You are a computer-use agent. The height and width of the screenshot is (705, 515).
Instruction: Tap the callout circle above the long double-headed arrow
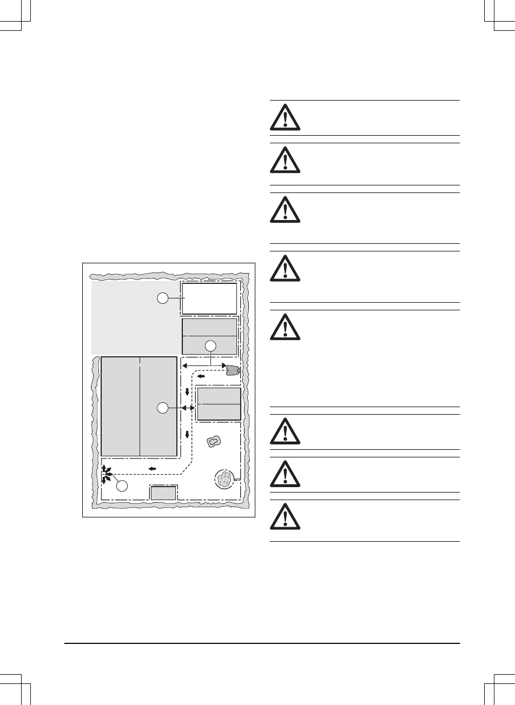click(x=211, y=346)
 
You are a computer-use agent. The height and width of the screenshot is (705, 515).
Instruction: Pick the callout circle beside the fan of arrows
click(x=123, y=485)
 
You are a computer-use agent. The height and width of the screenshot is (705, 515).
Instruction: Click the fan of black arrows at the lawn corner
click(x=107, y=474)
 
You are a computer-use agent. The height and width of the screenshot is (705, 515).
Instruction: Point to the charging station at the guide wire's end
click(x=233, y=370)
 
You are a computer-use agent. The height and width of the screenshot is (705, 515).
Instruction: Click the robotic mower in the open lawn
click(x=214, y=442)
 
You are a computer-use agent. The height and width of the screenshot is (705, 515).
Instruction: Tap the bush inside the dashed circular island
click(x=223, y=478)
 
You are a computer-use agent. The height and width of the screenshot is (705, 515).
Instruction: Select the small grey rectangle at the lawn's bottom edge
click(x=163, y=493)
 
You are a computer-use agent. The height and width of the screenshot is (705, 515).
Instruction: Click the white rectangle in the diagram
click(x=209, y=298)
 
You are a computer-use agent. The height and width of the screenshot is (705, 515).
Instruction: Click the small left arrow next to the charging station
click(x=201, y=376)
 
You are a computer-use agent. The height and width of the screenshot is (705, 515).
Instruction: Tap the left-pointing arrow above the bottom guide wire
click(x=153, y=468)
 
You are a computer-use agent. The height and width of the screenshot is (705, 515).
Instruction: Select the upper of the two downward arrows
click(x=187, y=392)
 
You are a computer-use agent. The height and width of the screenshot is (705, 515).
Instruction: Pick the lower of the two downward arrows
click(x=187, y=434)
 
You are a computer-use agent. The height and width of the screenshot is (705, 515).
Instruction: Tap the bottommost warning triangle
click(x=285, y=520)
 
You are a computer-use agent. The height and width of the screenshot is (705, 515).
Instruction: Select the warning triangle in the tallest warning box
click(x=285, y=328)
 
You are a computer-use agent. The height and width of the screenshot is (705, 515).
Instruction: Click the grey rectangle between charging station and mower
click(x=219, y=404)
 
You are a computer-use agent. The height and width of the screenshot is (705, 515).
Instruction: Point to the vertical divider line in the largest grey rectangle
click(x=140, y=405)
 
